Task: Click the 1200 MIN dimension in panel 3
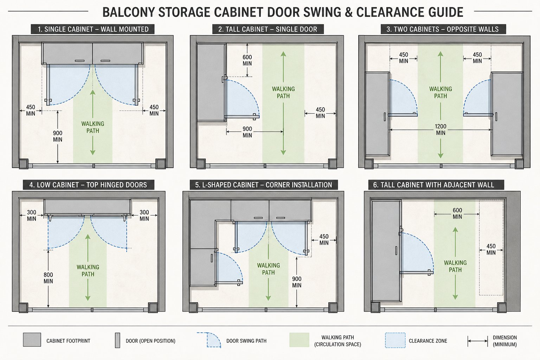[x=441, y=129]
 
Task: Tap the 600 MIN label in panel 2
[x=247, y=60]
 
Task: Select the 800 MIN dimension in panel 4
[x=48, y=278]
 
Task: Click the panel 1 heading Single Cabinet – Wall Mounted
[x=93, y=29]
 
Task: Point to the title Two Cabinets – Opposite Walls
[x=442, y=29]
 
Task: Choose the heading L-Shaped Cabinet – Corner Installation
[x=263, y=185]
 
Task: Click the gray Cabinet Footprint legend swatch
[x=32, y=340]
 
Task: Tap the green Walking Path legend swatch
[x=299, y=340]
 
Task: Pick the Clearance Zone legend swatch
[x=395, y=340]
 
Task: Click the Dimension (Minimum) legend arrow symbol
[x=477, y=341]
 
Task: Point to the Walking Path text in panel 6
[x=455, y=266]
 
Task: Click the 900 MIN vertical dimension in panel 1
[x=58, y=136]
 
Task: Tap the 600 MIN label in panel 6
[x=457, y=213]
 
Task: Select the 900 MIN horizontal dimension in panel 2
[x=247, y=132]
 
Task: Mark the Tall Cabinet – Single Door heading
[x=268, y=29]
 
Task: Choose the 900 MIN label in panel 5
[x=296, y=282]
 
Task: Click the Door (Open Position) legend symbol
[x=117, y=340]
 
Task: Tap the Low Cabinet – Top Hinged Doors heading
[x=88, y=185]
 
